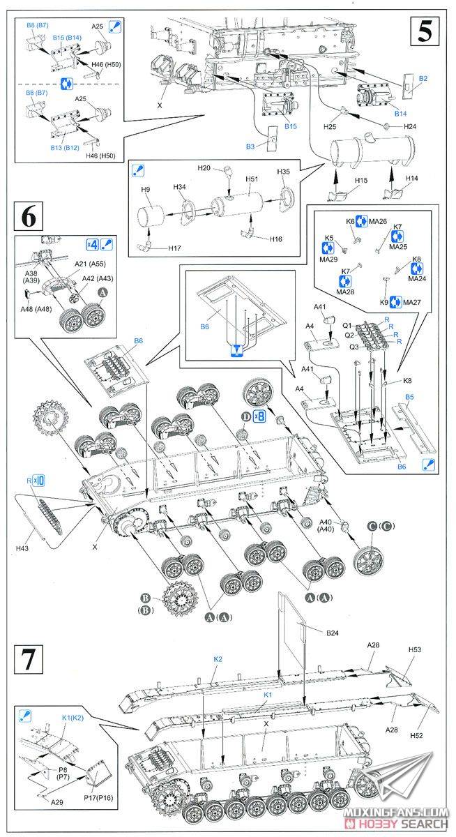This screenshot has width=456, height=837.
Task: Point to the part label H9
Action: click(145, 190)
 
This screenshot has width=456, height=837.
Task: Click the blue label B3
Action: click(250, 146)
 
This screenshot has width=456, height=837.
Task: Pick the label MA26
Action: click(379, 221)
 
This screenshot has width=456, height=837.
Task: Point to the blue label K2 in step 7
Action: click(218, 658)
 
